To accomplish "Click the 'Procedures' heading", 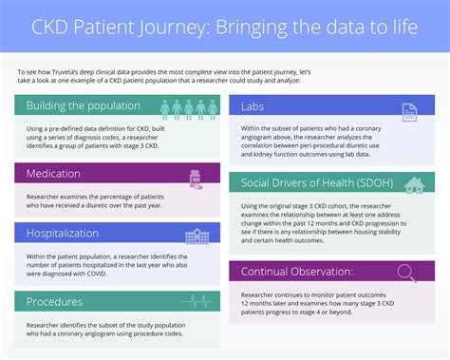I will (x=53, y=300).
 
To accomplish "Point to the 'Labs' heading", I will (x=253, y=106).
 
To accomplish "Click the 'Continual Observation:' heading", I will (x=304, y=273).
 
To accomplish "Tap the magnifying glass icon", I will (x=406, y=273).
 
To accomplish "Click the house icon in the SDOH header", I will (x=413, y=184).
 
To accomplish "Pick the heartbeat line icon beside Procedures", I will (x=197, y=301).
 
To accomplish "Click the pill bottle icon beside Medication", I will (x=196, y=175).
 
